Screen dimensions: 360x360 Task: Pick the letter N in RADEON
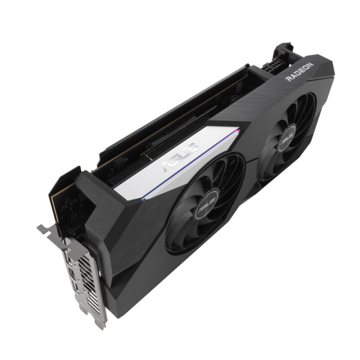pyautogui.click(x=310, y=64)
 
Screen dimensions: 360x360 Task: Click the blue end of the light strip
pyautogui.click(x=145, y=198)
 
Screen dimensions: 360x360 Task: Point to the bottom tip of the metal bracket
pyautogui.click(x=100, y=324)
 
